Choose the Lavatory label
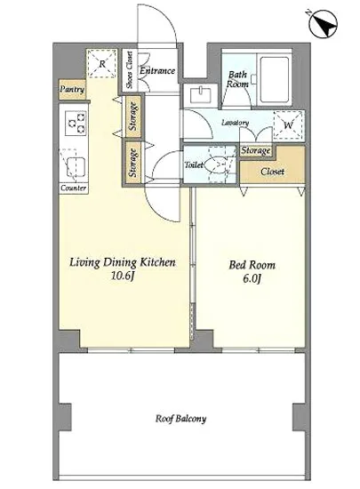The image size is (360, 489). click(x=234, y=123)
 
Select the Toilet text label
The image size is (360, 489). click(x=194, y=164)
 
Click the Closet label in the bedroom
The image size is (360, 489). click(x=272, y=171)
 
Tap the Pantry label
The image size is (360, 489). click(x=71, y=90)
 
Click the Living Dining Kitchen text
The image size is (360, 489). click(x=123, y=262)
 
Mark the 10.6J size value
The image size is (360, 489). click(x=123, y=277)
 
